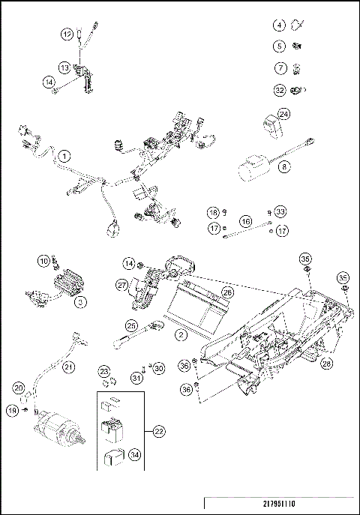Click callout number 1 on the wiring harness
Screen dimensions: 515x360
(65, 156)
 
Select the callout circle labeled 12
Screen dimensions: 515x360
(67, 33)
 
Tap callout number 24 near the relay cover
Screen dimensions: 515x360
(284, 114)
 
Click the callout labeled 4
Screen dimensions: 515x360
(279, 25)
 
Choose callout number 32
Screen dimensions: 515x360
(279, 91)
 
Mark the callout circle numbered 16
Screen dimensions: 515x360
(245, 222)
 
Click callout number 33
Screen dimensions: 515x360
(280, 211)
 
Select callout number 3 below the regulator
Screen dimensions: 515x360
(82, 302)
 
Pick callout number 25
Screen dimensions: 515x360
(132, 326)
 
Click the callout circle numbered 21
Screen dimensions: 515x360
(68, 367)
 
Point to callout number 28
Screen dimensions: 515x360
(328, 364)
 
